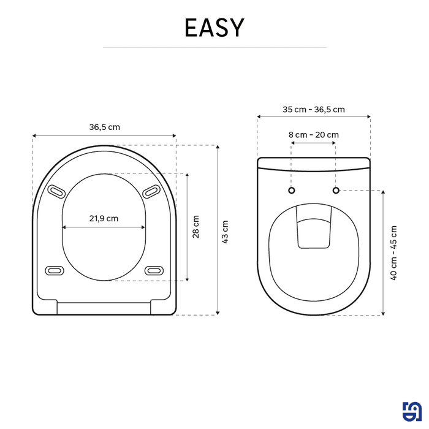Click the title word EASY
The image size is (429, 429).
tap(214, 28)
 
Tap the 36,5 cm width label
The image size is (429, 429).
tap(104, 127)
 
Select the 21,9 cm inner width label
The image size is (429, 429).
tap(104, 218)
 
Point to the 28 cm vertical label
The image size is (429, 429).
tap(196, 227)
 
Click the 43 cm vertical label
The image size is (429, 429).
tap(225, 231)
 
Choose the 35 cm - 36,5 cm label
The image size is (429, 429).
tap(314, 110)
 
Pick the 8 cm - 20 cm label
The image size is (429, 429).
tap(314, 135)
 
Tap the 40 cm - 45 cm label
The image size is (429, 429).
tap(393, 252)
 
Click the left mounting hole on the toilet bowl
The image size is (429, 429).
tap(291, 190)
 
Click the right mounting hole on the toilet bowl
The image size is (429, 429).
tap(336, 190)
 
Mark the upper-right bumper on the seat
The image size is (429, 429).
tap(150, 192)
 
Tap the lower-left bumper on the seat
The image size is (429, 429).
tap(55, 270)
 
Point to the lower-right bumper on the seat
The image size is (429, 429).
tap(153, 270)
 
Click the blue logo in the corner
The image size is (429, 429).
tap(411, 411)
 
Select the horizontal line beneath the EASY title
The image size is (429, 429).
tap(214, 47)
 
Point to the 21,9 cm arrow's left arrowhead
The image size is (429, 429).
tap(64, 227)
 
